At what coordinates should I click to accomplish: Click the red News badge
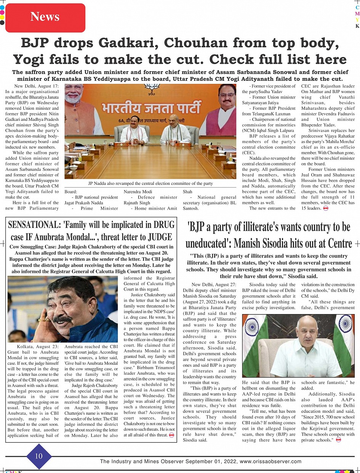pos(45,17)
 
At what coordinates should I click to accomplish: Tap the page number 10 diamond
pos(38,456)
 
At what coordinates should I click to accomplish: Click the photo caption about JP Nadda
pos(150,183)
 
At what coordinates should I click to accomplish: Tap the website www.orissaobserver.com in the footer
pos(270,461)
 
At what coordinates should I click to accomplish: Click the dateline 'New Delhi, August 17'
pos(36,87)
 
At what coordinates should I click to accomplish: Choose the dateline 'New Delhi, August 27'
pos(214,285)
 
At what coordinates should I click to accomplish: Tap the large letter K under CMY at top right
pos(357,26)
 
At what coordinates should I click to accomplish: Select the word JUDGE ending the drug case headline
pos(160,237)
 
